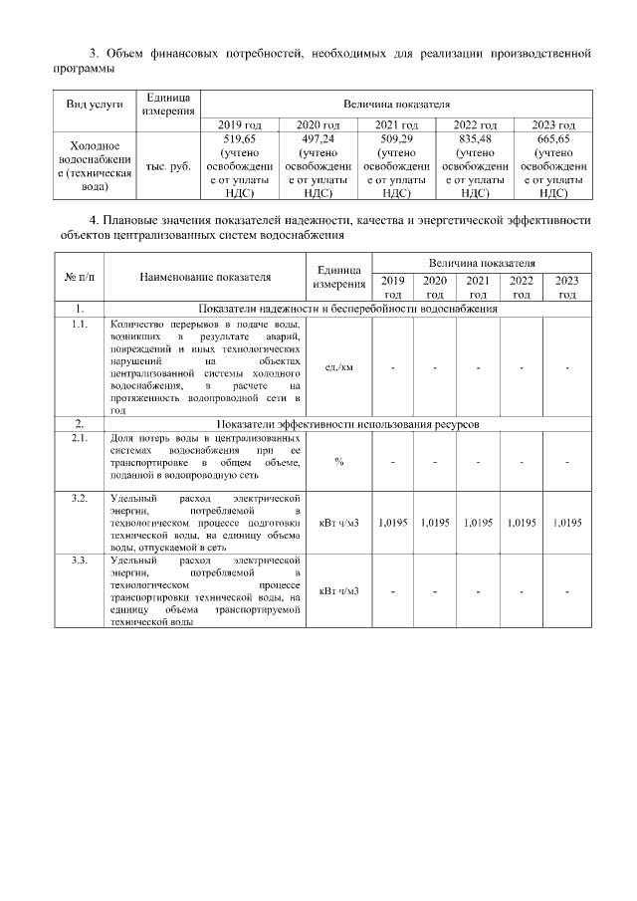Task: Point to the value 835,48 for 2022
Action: pyautogui.click(x=475, y=139)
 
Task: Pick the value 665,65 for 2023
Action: pyautogui.click(x=554, y=139)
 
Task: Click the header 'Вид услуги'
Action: pyautogui.click(x=95, y=104)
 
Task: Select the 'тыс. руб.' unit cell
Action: pyautogui.click(x=168, y=167)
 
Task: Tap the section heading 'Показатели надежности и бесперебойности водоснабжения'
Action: pyautogui.click(x=348, y=309)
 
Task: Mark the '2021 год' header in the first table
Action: pyautogui.click(x=397, y=124)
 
